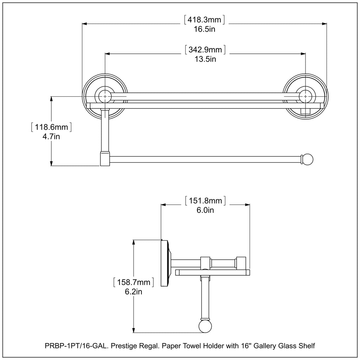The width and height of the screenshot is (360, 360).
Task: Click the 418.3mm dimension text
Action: click(x=204, y=20)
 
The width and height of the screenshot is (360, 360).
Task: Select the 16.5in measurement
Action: click(x=205, y=29)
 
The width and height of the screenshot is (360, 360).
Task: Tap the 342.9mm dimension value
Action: click(x=205, y=50)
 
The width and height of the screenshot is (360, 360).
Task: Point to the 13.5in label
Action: click(x=205, y=59)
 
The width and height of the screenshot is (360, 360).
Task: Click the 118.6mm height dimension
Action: click(x=51, y=127)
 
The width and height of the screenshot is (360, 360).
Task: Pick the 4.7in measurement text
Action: click(x=51, y=137)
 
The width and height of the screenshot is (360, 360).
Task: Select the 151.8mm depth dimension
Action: click(x=205, y=201)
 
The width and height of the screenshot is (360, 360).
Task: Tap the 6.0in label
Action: click(x=205, y=210)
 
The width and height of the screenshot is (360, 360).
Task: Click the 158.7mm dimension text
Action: click(x=134, y=282)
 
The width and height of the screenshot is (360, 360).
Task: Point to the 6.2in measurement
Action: click(x=133, y=291)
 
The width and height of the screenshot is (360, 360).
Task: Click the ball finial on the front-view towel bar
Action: click(x=307, y=159)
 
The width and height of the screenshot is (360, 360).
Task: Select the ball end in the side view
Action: click(x=205, y=326)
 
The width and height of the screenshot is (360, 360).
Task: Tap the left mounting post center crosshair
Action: click(x=105, y=96)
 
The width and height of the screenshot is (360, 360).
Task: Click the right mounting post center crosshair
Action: click(x=306, y=96)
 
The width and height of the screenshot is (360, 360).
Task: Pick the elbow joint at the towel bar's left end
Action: click(x=105, y=159)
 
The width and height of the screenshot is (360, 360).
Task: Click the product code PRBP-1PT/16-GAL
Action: click(x=76, y=346)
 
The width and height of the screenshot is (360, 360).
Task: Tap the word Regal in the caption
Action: click(x=150, y=346)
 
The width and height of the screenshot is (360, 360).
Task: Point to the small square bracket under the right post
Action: click(x=306, y=111)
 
